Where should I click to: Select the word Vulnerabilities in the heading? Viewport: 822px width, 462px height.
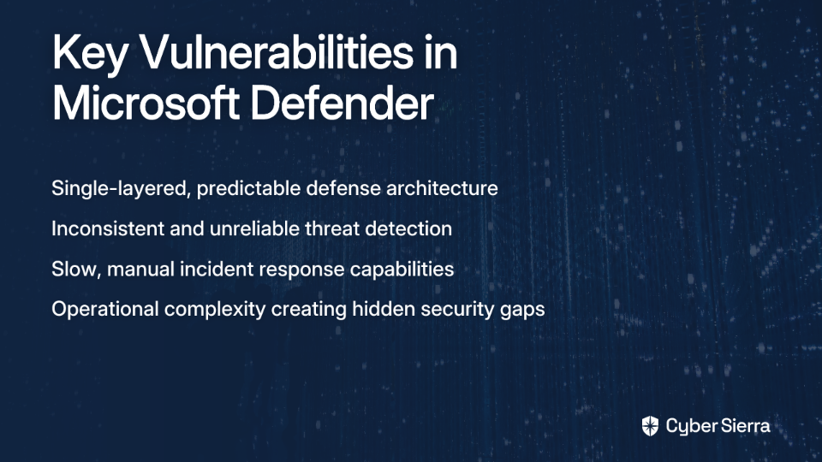point(277,52)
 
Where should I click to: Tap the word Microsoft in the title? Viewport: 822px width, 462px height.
point(146,104)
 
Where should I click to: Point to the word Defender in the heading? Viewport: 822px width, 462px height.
point(342,104)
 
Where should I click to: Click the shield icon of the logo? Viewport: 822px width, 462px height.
point(650,426)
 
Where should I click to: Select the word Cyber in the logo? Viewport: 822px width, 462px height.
point(688,426)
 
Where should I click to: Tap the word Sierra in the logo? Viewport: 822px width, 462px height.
point(743,426)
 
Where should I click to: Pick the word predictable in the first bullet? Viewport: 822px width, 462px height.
point(248,188)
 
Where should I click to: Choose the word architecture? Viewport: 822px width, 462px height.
point(442,188)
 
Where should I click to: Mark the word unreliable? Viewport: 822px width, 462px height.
point(254,229)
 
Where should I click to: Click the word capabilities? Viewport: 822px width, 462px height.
point(402,269)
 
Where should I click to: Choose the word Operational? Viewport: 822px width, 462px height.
point(104,309)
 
